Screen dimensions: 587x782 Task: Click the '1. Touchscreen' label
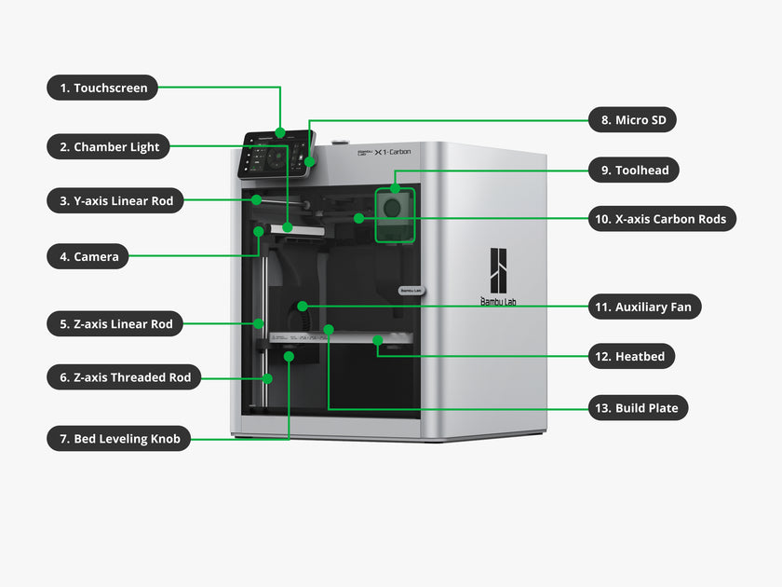[x=103, y=89]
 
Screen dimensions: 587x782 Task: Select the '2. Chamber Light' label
[x=109, y=146]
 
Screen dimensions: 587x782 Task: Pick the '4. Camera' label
[x=88, y=256]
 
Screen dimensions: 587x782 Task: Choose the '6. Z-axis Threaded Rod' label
[x=124, y=377]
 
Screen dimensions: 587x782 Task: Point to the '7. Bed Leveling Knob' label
[x=119, y=438]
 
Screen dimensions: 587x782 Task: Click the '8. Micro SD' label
[x=632, y=120]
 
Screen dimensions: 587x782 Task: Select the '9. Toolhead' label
[x=633, y=171]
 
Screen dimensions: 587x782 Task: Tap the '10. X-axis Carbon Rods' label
[x=662, y=220]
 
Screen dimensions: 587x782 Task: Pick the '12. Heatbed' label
[x=632, y=356]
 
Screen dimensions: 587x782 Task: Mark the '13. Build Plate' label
[x=639, y=407]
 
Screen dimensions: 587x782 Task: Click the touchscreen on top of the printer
[x=276, y=156]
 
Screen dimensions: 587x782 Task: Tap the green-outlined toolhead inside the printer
[x=394, y=214]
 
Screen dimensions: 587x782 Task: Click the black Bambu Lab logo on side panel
[x=498, y=269]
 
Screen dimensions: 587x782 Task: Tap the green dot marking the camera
[x=258, y=229]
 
